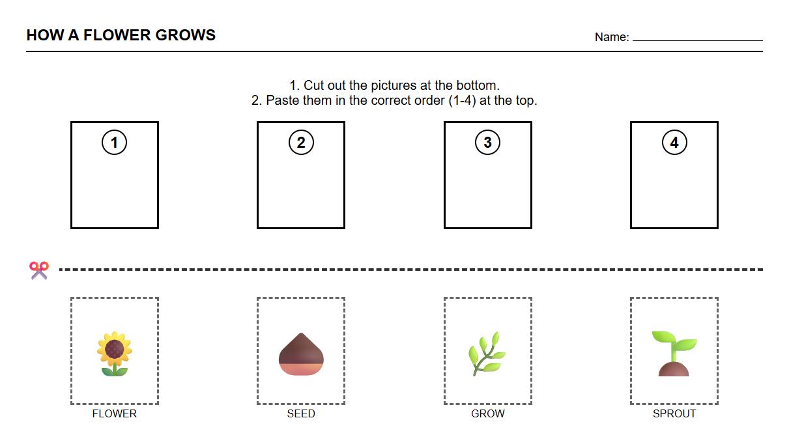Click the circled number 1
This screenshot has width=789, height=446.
[x=115, y=143]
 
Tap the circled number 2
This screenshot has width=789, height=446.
[x=301, y=143]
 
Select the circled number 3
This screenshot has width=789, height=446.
[x=487, y=143]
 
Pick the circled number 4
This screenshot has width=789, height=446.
[x=674, y=143]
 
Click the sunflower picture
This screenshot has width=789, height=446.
[x=115, y=354]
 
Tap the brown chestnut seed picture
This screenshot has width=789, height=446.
[x=301, y=354]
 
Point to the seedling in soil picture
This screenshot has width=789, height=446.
[x=674, y=354]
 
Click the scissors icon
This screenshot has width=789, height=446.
[x=38, y=270]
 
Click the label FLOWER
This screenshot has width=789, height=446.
[x=115, y=413]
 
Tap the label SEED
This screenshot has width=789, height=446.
[x=301, y=413]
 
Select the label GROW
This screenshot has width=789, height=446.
[x=487, y=413]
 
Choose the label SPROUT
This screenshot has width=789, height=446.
[x=674, y=413]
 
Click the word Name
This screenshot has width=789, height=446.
[x=610, y=37]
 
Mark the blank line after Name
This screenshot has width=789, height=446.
[x=697, y=40]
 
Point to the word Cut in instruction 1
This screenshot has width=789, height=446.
[x=315, y=85]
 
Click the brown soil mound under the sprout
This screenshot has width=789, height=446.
[x=674, y=370]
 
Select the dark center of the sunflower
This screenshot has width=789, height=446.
[x=115, y=348]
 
